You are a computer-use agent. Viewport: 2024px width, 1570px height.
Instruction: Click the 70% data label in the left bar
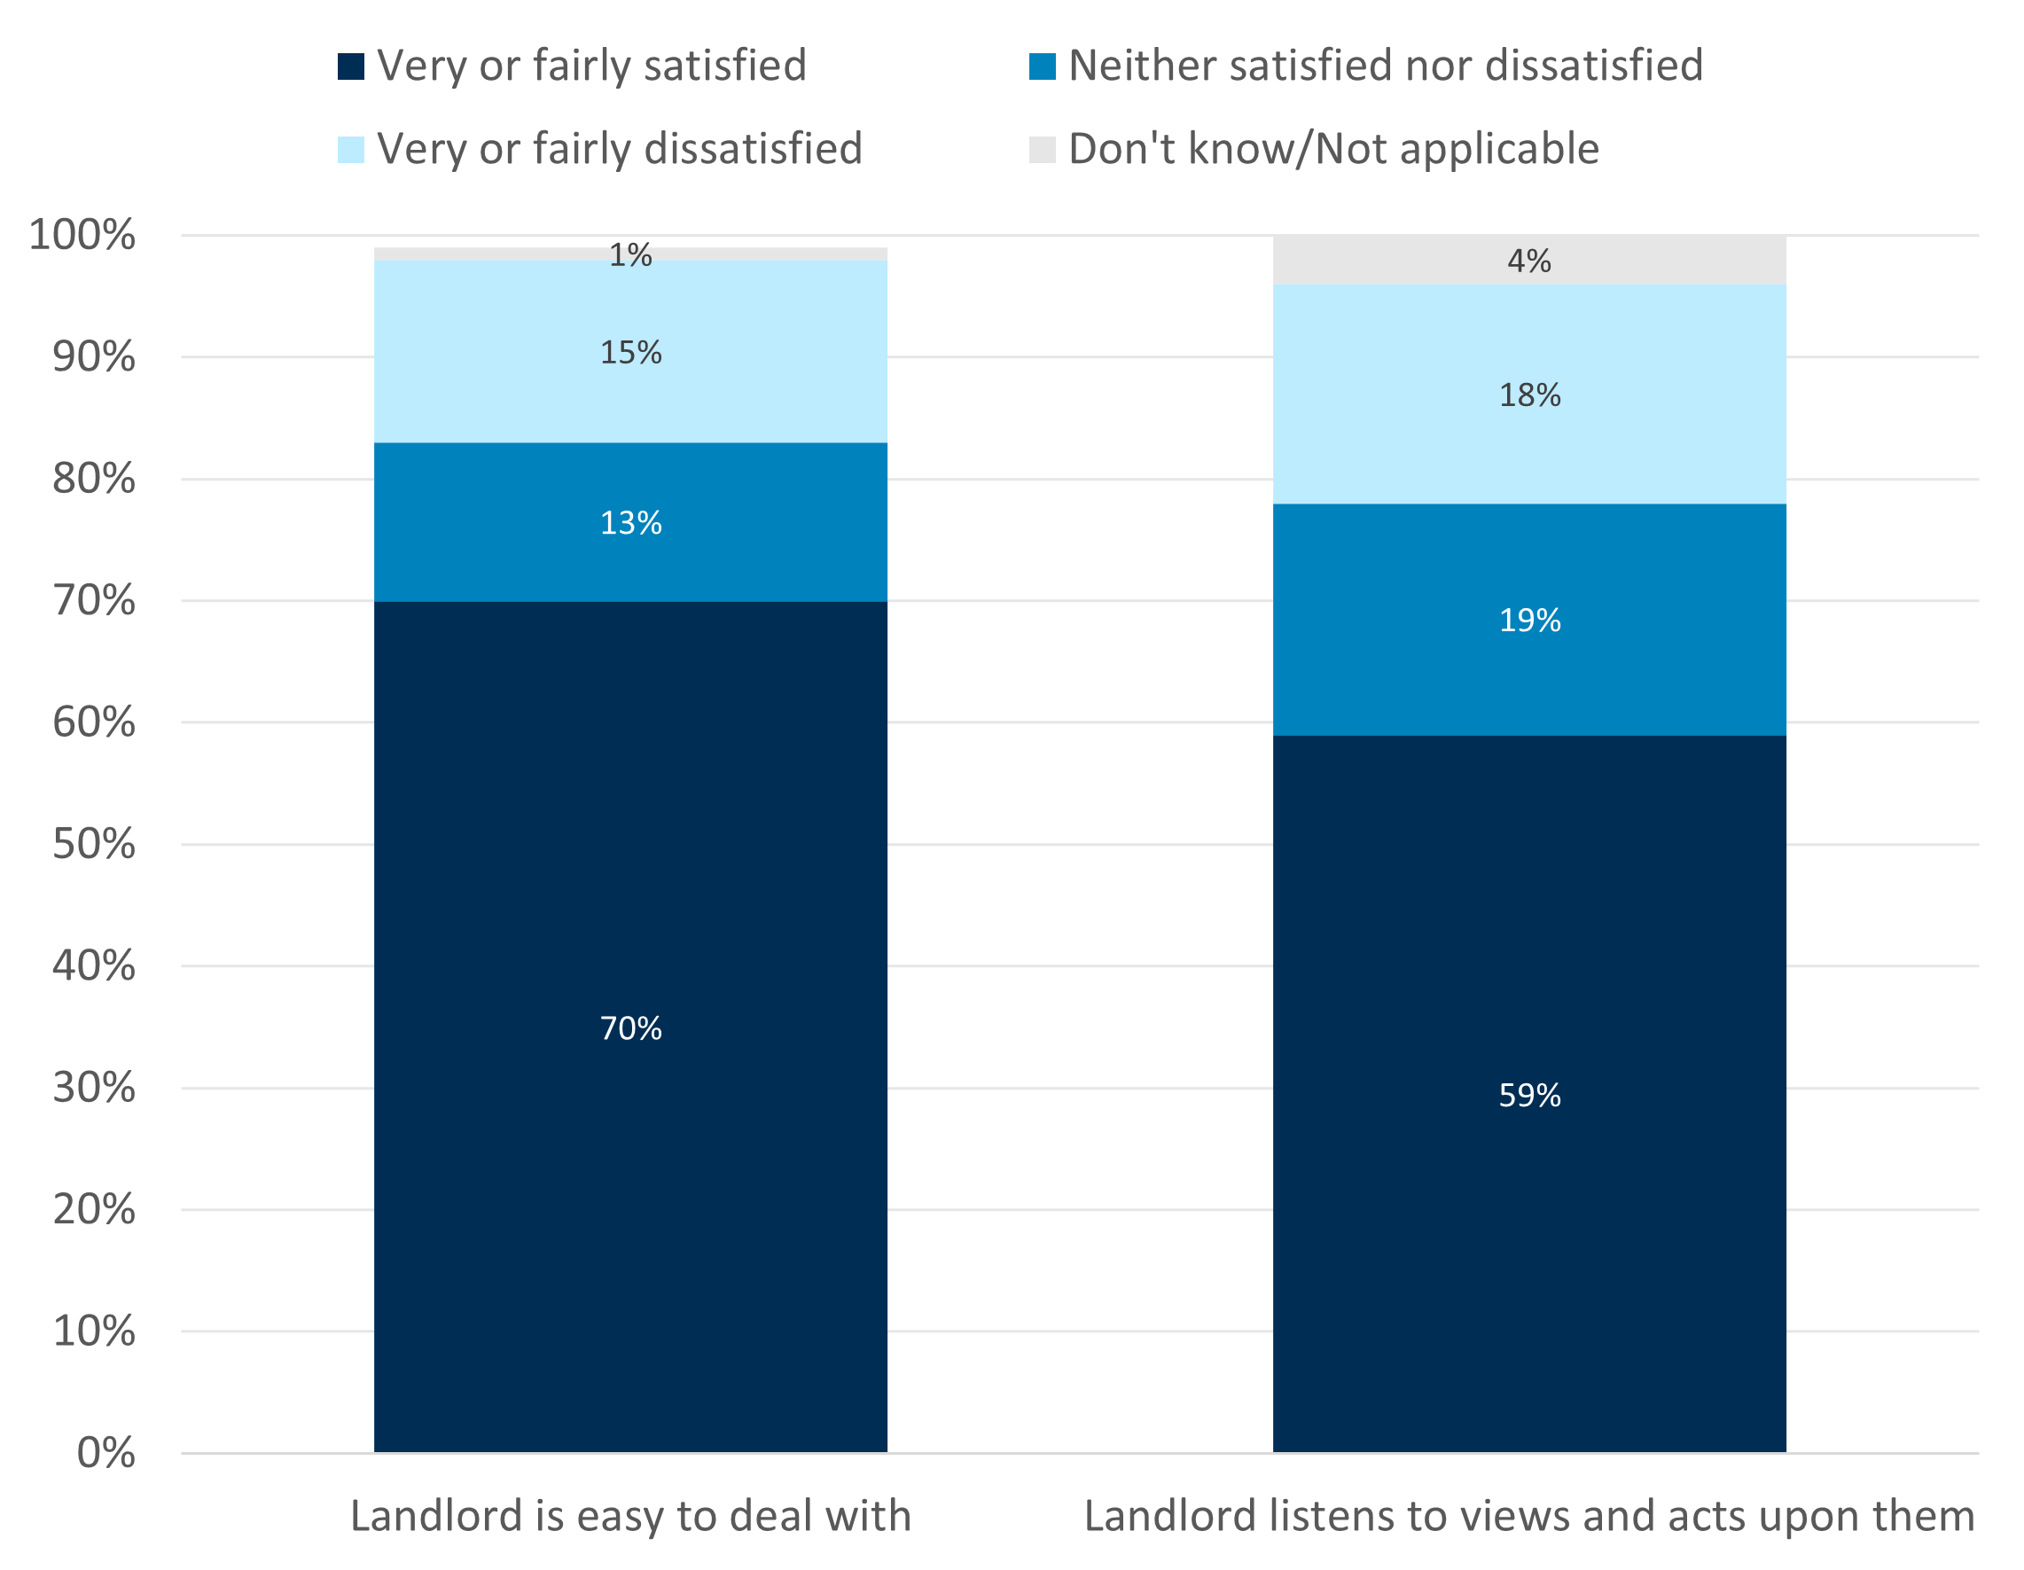pos(630,1027)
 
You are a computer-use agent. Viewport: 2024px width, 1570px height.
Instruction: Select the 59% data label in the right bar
pos(1529,1096)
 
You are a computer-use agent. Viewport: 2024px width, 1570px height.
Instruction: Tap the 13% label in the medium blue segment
pos(630,523)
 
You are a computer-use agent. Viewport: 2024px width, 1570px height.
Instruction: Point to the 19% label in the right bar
pos(1529,620)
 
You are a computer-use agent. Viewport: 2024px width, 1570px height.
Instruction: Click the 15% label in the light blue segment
pos(630,352)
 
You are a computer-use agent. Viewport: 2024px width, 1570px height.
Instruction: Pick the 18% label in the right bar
pos(1529,394)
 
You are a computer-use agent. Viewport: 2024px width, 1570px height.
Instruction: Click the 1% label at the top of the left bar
pos(630,255)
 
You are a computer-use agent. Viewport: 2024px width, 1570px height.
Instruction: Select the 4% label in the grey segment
pos(1529,261)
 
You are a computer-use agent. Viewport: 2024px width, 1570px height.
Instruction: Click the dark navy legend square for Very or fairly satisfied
pos(351,66)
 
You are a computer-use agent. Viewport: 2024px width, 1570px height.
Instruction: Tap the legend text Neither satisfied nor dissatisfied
pos(1386,66)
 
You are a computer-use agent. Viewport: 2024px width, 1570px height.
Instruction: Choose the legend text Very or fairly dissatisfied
pos(619,149)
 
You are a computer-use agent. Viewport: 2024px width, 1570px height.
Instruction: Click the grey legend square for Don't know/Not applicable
pos(1043,149)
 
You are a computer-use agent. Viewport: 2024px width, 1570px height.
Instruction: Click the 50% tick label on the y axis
pos(94,844)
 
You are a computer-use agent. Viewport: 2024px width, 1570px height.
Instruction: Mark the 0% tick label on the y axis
pos(105,1453)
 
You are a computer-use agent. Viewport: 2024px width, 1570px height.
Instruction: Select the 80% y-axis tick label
pos(94,478)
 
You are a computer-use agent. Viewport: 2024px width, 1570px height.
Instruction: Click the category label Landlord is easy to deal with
pos(630,1516)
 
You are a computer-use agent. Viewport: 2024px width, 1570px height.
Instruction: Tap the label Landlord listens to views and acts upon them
pos(1529,1516)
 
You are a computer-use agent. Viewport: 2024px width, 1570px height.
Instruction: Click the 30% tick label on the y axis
pos(94,1087)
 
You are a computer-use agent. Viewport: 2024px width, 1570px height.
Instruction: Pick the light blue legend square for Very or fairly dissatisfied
pos(351,149)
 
